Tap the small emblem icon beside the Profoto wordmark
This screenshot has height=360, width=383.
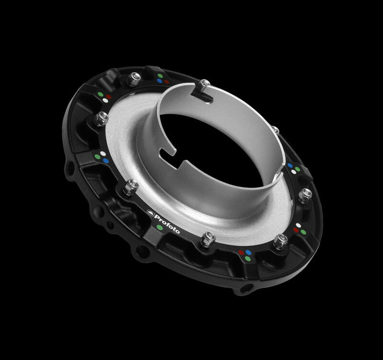pyautogui.click(x=150, y=213)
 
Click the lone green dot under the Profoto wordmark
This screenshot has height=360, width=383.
pyautogui.click(x=159, y=227)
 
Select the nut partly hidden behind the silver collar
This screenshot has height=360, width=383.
pyautogui.click(x=275, y=129)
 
